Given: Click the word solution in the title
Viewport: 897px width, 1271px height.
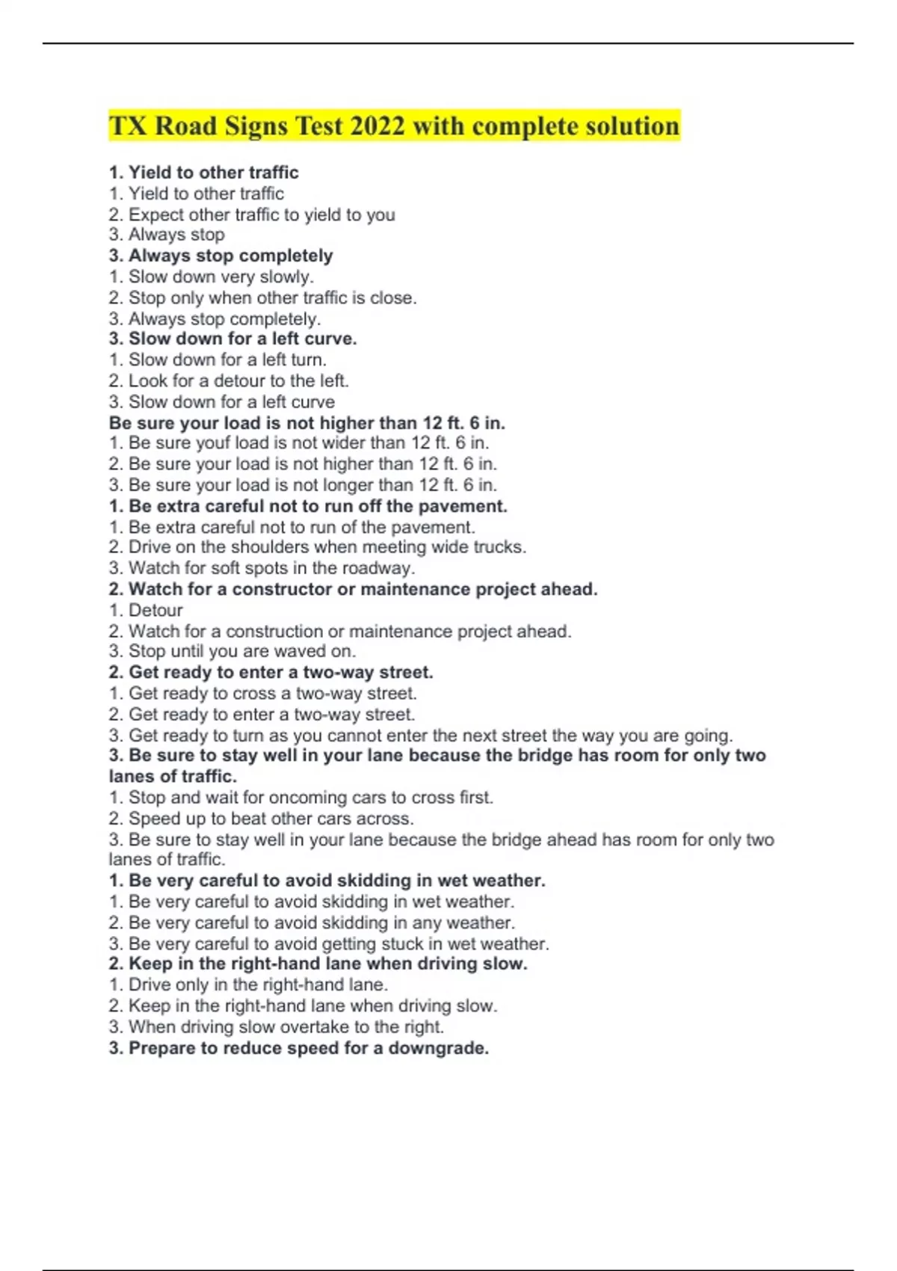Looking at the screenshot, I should tap(632, 126).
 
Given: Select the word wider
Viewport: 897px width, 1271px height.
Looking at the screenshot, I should tap(342, 443).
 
